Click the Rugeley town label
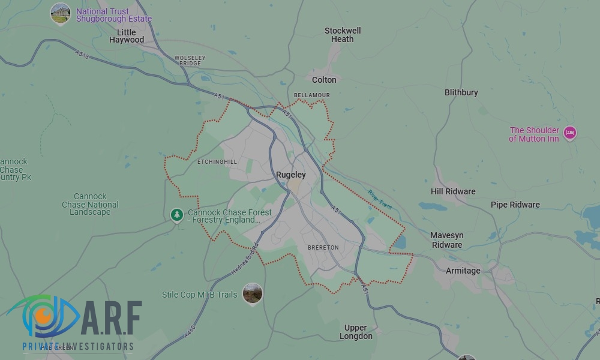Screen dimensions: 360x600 tap(290, 175)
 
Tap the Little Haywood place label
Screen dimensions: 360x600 tap(127, 36)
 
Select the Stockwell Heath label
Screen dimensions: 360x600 tap(343, 35)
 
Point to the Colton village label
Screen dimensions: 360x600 tap(324, 79)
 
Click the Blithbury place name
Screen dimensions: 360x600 tap(461, 92)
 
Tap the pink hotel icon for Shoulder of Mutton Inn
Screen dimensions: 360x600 tap(569, 133)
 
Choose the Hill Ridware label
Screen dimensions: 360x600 tap(452, 191)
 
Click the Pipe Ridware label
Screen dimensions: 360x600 tap(515, 205)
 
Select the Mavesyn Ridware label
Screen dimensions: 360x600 tap(446, 240)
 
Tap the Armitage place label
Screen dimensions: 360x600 tap(463, 271)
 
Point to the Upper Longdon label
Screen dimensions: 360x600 tap(355, 332)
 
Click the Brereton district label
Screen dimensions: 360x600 tap(323, 247)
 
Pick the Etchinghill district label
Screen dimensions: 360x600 tap(217, 162)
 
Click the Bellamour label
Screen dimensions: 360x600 tap(311, 95)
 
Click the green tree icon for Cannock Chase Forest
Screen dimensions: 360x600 tap(176, 214)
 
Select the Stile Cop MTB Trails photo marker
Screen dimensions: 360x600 tap(253, 293)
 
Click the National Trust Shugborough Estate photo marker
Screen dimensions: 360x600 tap(60, 13)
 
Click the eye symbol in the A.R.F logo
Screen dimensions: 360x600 tap(43, 315)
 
